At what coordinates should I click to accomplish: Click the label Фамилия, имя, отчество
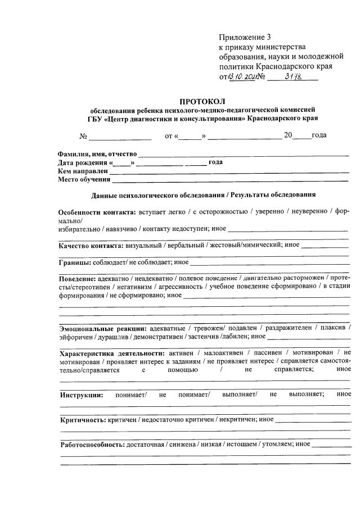tap(97, 154)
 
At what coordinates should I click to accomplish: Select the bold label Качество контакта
tap(91, 245)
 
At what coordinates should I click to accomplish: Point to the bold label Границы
tap(76, 262)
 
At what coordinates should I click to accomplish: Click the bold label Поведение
tap(78, 278)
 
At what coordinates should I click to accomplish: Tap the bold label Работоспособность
tap(92, 444)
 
